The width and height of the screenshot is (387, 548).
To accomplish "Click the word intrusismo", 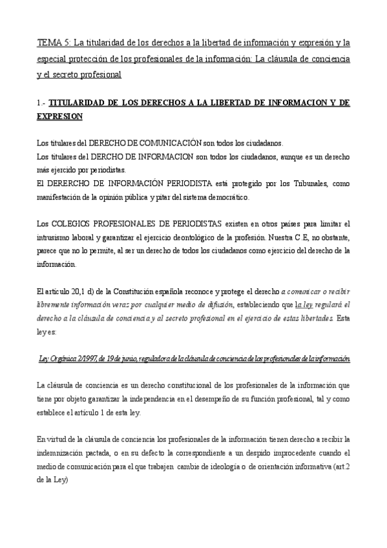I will click(56, 235).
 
